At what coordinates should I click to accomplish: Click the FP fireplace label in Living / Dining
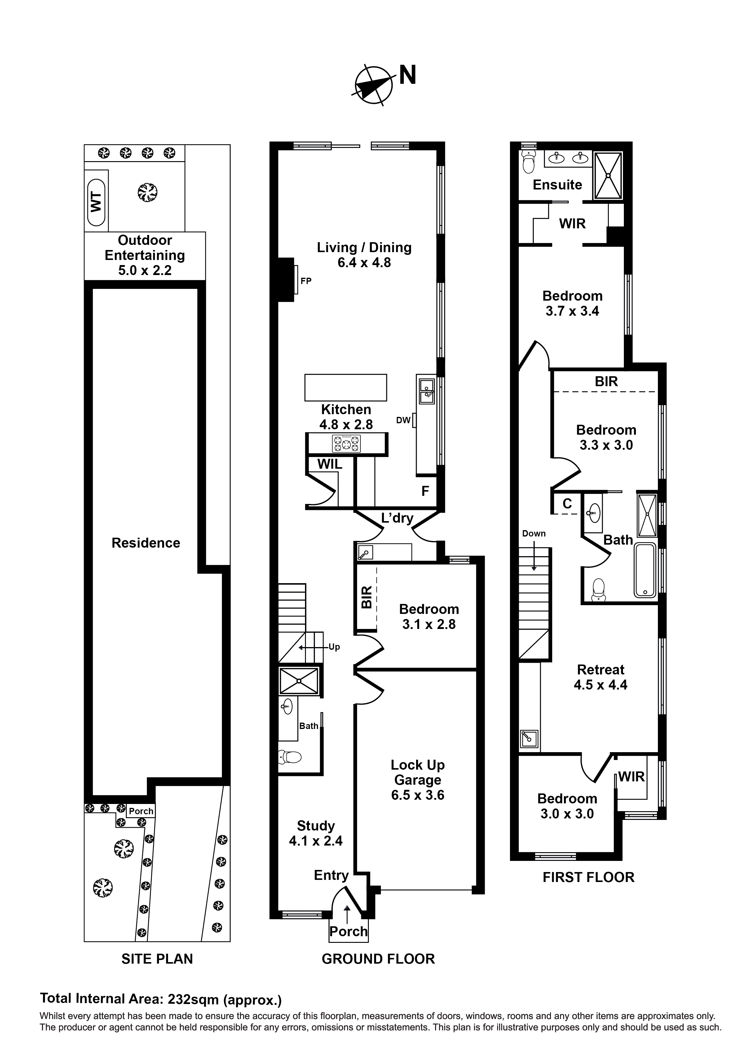(306, 280)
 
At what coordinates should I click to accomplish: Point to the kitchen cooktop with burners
(347, 444)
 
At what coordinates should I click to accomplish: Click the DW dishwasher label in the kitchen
(403, 420)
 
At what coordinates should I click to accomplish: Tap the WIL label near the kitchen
(330, 464)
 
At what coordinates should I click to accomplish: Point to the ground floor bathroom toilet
(290, 757)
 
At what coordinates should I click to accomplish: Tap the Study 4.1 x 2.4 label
(316, 833)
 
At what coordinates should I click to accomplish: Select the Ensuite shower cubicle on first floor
(608, 175)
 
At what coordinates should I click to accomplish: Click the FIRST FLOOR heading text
(588, 877)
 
